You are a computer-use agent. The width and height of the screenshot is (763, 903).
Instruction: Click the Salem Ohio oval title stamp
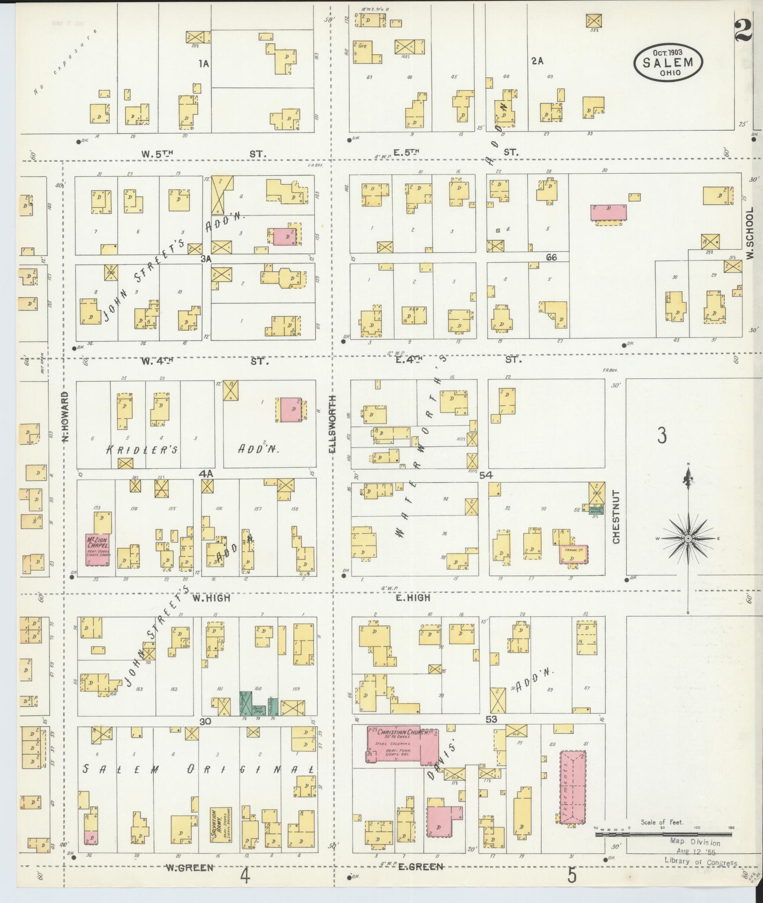click(x=668, y=63)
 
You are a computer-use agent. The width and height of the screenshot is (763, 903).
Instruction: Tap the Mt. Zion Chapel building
click(x=97, y=548)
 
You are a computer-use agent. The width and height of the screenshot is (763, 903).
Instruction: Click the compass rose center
click(x=688, y=539)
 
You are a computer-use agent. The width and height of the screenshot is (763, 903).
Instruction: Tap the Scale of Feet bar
click(x=663, y=835)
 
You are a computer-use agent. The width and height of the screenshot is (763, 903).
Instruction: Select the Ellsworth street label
click(x=333, y=425)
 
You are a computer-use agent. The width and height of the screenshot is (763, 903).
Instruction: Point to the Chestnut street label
click(x=615, y=517)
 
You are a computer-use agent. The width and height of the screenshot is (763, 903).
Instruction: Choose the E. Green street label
click(x=420, y=867)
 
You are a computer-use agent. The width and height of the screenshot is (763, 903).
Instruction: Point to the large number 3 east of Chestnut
click(x=661, y=435)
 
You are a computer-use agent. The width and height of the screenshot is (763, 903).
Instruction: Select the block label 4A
click(x=206, y=474)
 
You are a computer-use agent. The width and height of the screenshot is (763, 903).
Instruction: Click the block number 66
click(x=551, y=257)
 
